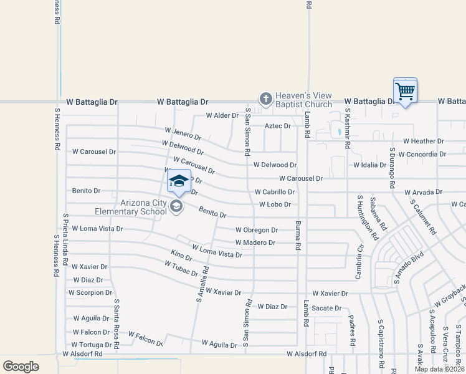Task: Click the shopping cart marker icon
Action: pos(405,92)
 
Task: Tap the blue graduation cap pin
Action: pos(179,181)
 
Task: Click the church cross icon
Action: pos(265,98)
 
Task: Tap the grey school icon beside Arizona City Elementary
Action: pos(176,207)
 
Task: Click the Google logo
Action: pos(21,367)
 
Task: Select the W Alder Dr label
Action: pos(222,115)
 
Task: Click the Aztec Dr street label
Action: pos(278,126)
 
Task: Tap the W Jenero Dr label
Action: pos(183,133)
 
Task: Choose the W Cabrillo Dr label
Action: pos(274,193)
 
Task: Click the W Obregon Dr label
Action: pos(256,230)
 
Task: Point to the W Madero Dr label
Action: pos(255,242)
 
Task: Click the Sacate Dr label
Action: pos(327,308)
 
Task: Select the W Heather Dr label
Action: pos(423,141)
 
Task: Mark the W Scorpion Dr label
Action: pos(90,292)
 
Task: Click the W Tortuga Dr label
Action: pos(92,345)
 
